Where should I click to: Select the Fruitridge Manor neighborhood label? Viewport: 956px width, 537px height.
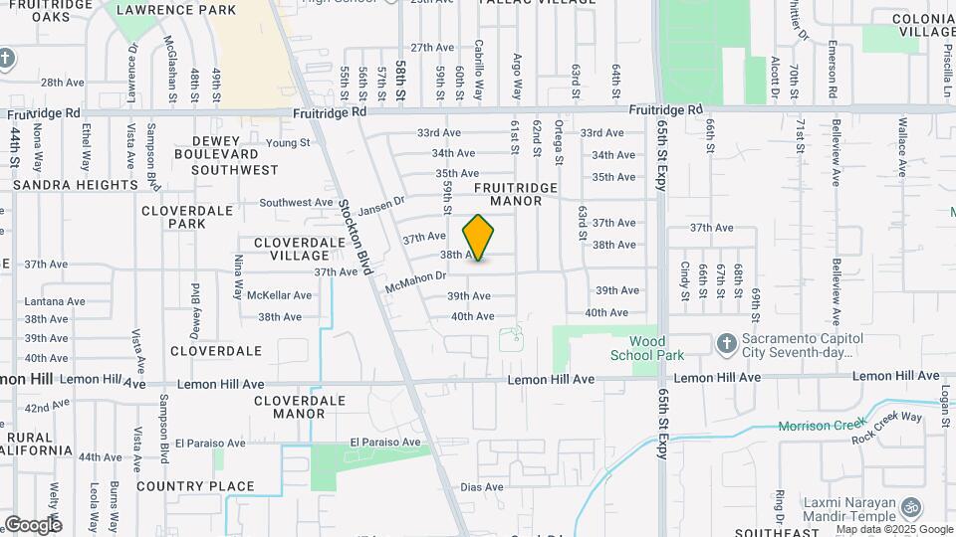coord(508,193)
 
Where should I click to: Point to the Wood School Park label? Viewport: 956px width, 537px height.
coord(647,348)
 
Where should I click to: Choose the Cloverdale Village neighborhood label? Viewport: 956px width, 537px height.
coord(292,249)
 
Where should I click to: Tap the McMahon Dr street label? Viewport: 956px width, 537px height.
coord(414,281)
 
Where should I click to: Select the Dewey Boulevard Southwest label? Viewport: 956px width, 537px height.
coord(227,154)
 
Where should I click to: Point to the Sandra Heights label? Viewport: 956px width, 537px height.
coord(76,185)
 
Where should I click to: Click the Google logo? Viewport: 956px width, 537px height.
coord(32,524)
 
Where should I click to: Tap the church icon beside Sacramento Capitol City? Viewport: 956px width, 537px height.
coord(725,344)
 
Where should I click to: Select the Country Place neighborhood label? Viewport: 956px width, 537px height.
coord(195,486)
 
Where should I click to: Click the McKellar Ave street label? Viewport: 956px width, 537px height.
coord(280,295)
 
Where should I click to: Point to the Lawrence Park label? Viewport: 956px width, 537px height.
coord(176,10)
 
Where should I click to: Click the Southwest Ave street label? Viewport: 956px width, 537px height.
coord(296,202)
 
